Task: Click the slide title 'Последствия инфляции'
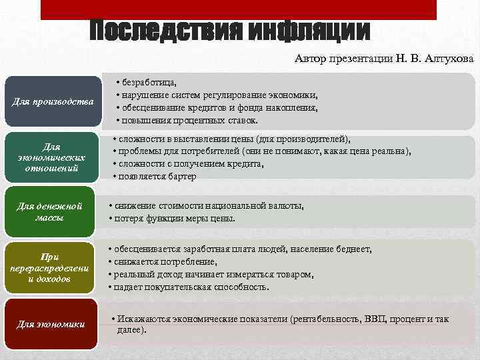coord(230,31)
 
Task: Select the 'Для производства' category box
coord(54,101)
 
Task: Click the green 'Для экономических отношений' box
coord(51,157)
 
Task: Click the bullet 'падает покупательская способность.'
coord(191,287)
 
